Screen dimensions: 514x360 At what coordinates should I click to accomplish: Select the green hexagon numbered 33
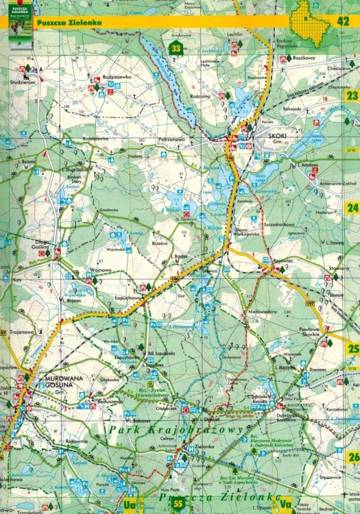click(176, 49)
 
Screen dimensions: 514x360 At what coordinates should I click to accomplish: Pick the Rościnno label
click(202, 97)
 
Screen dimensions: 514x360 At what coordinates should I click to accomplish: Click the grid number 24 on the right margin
click(352, 208)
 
